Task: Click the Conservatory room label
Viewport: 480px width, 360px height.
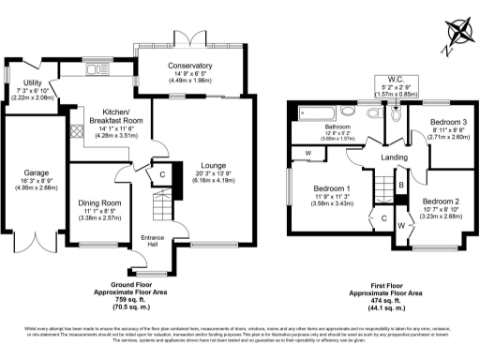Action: point(190,66)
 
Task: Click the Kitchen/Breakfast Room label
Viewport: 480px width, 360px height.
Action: point(116,115)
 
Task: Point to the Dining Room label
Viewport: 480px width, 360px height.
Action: point(98,203)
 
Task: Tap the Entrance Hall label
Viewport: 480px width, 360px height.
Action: point(153,242)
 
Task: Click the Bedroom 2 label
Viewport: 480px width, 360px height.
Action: point(439,202)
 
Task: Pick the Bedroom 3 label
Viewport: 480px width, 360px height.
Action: point(448,123)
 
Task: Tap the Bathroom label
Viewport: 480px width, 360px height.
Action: point(337,127)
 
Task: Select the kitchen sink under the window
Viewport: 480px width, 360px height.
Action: point(95,69)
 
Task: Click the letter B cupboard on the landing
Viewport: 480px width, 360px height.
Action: point(401,185)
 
